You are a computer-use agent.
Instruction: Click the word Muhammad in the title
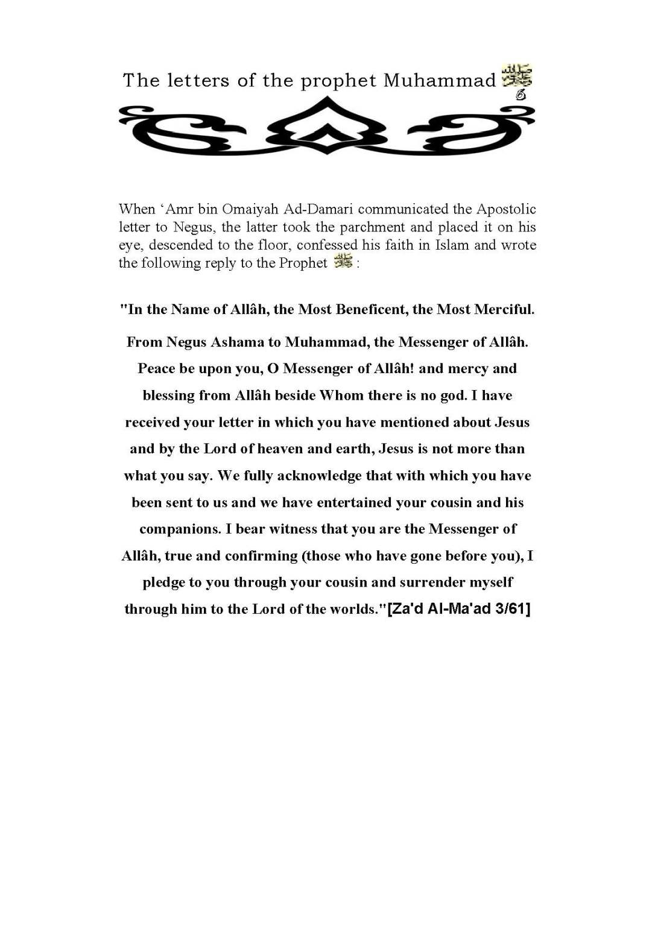click(x=440, y=80)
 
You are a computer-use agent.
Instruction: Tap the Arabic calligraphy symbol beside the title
click(x=517, y=76)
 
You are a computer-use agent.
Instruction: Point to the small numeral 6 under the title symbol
click(x=521, y=95)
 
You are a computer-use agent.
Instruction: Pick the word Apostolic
click(x=506, y=209)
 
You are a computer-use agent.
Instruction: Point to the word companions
click(x=180, y=529)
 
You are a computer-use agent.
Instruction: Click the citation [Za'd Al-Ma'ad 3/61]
click(x=459, y=609)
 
